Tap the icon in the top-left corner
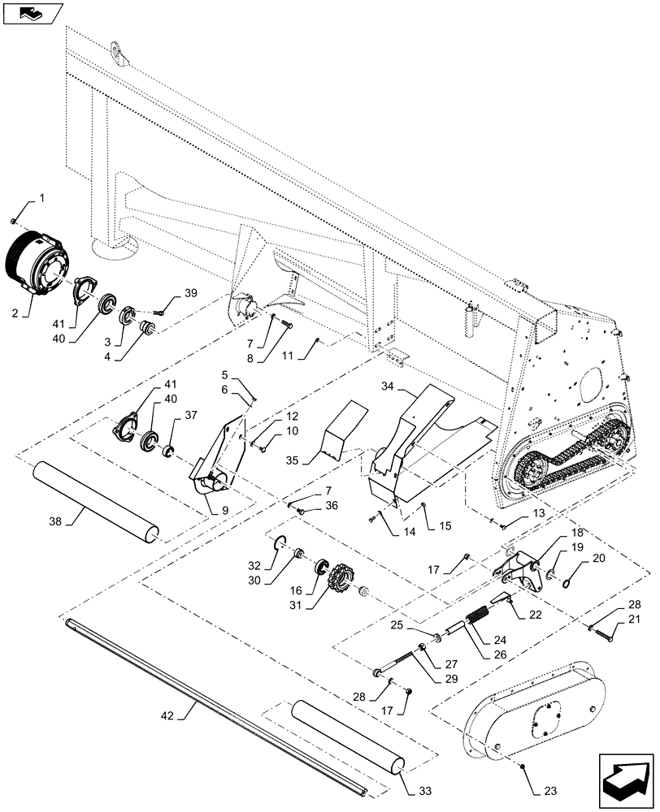33,14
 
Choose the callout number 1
42,198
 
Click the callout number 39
189,293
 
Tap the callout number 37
190,415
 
